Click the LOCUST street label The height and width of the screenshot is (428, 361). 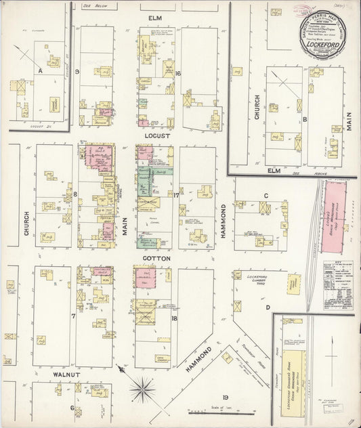tap(156, 135)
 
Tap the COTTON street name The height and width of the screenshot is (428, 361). tap(156, 259)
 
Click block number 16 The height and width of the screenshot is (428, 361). tap(178, 73)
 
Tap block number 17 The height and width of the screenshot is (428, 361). tap(176, 196)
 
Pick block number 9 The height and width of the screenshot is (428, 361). tap(78, 71)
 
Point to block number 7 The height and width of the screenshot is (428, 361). tap(73, 316)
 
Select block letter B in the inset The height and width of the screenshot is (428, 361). tap(305, 120)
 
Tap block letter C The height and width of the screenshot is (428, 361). tap(266, 196)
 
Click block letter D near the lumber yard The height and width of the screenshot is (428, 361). tap(268, 307)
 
